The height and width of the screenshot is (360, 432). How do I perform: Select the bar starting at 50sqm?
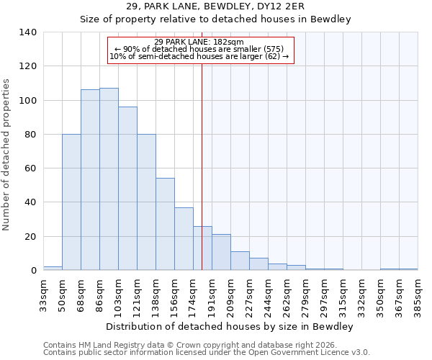[71, 202]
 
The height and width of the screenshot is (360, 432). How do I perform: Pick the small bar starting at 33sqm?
[53, 268]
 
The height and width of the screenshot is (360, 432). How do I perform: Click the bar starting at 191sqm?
[221, 252]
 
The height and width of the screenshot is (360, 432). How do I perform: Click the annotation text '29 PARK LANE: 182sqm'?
[200, 42]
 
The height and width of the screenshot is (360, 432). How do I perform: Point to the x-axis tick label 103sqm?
[118, 294]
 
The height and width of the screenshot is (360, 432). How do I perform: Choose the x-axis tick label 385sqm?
[418, 294]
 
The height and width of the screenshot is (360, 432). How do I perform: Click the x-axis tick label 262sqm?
[287, 294]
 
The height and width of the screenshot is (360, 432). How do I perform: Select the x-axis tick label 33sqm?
[43, 294]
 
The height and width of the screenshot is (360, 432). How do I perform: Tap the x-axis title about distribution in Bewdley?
[229, 326]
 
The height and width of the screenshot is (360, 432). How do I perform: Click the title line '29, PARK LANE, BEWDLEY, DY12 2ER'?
[215, 6]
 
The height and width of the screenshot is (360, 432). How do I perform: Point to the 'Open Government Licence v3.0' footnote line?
[207, 353]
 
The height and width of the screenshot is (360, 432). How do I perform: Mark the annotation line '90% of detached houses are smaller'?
[200, 49]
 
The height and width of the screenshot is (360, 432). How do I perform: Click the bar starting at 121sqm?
[146, 202]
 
